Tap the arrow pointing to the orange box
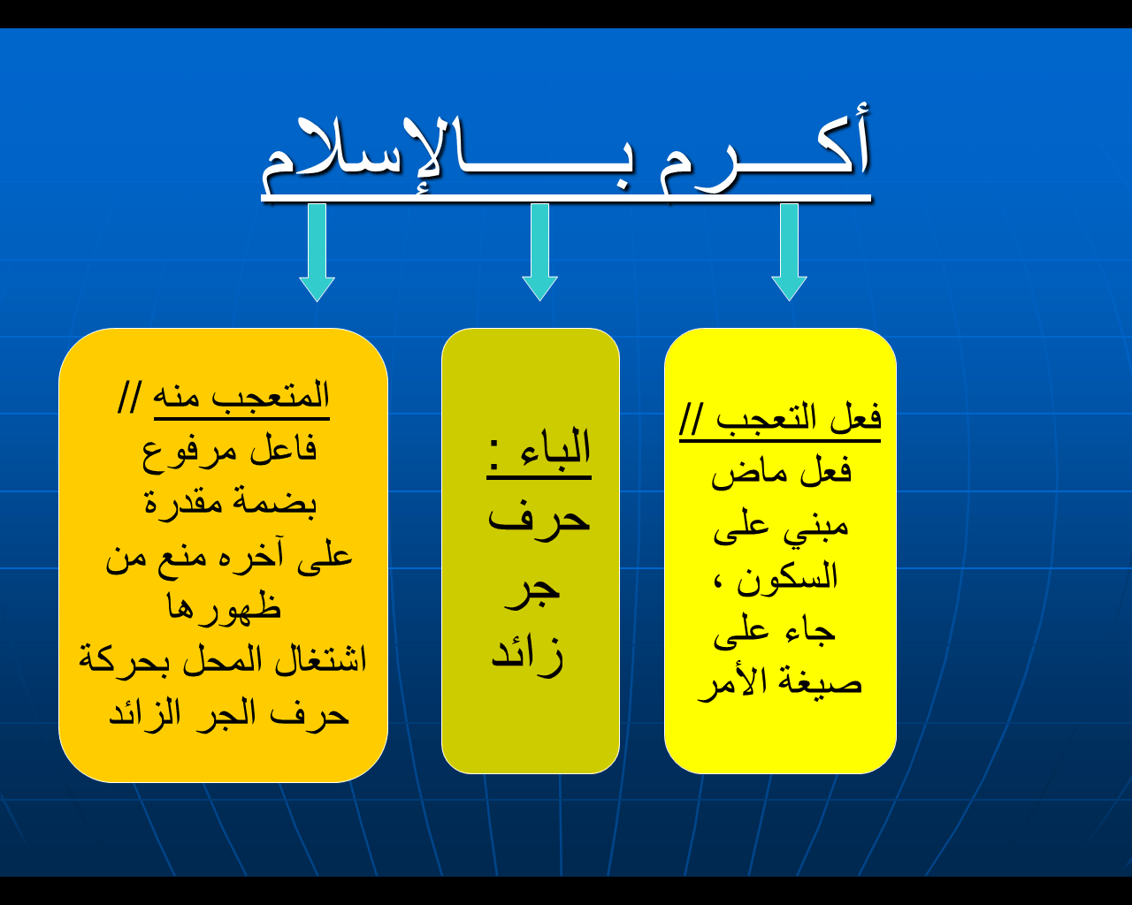(x=317, y=253)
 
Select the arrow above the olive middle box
(x=539, y=253)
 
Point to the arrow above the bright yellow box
(x=789, y=253)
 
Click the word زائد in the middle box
(x=527, y=655)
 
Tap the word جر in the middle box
(x=532, y=591)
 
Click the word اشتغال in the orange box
(x=321, y=660)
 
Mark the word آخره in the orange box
(x=248, y=558)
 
